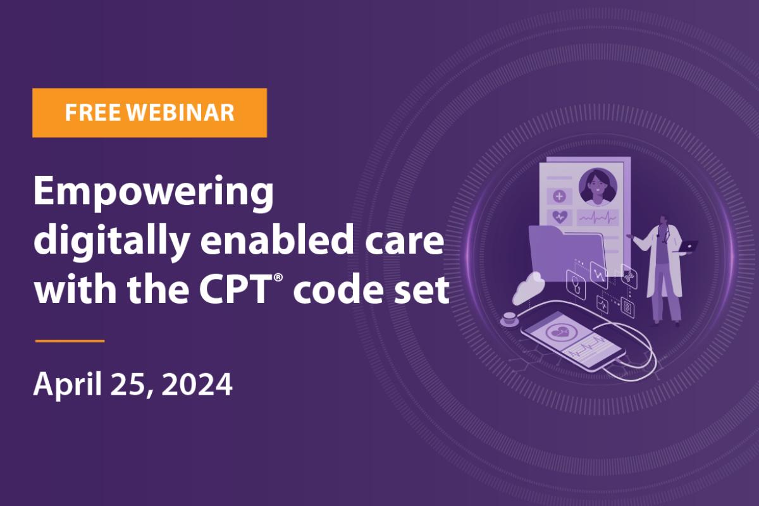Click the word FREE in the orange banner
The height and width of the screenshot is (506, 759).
(x=92, y=113)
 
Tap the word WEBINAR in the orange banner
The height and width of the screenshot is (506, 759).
(x=180, y=113)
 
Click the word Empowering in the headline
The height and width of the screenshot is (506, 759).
(x=153, y=193)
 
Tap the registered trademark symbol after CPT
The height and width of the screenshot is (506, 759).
(x=278, y=278)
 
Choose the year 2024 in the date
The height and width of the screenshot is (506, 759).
(x=197, y=384)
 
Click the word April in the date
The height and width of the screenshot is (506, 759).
(x=68, y=385)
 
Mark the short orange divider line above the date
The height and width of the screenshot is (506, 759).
(x=70, y=341)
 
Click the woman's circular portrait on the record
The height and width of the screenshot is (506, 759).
(x=598, y=187)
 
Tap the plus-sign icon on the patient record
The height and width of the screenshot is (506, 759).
(x=559, y=196)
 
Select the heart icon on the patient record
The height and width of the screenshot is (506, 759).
(x=559, y=217)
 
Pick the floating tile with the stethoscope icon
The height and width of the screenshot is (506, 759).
(x=576, y=285)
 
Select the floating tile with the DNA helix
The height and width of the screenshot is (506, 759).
(x=629, y=276)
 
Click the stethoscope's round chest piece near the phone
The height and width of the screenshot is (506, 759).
(x=509, y=319)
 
